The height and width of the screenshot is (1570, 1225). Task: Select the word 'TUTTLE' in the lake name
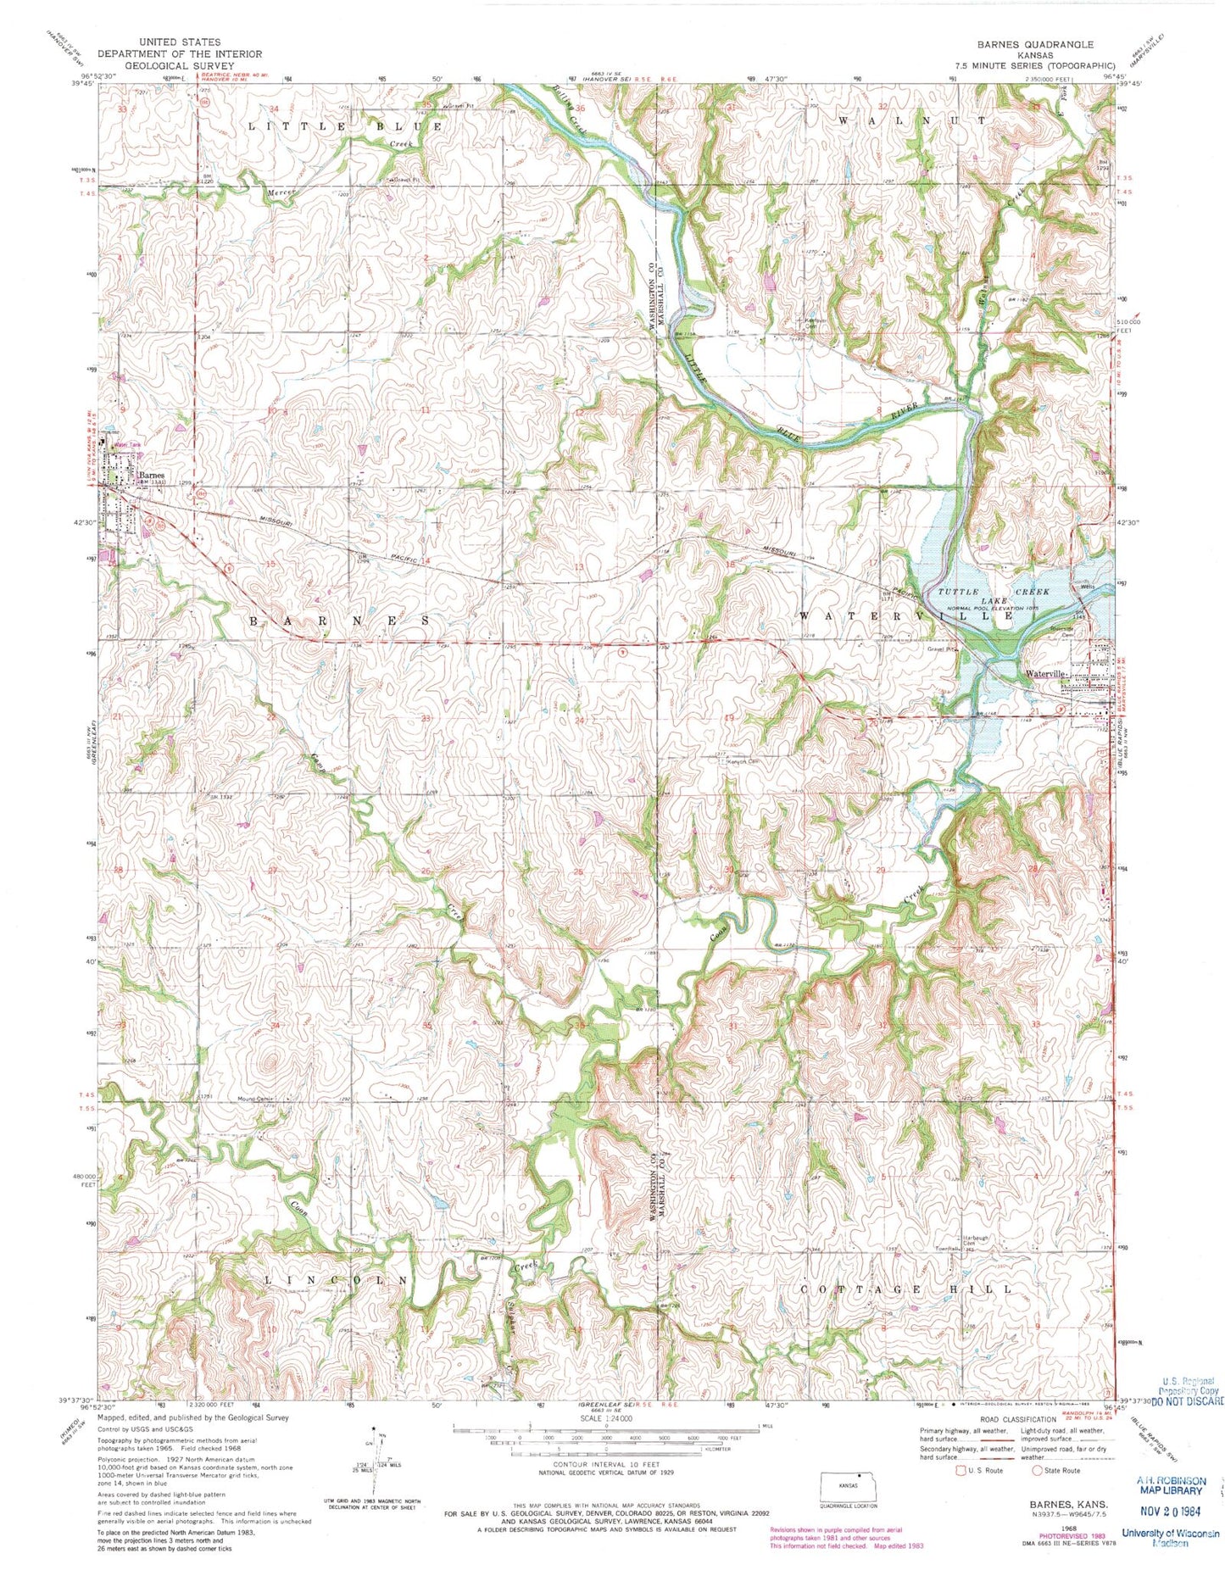[x=959, y=591]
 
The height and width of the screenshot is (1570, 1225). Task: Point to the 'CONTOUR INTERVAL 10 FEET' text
[x=604, y=1464]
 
